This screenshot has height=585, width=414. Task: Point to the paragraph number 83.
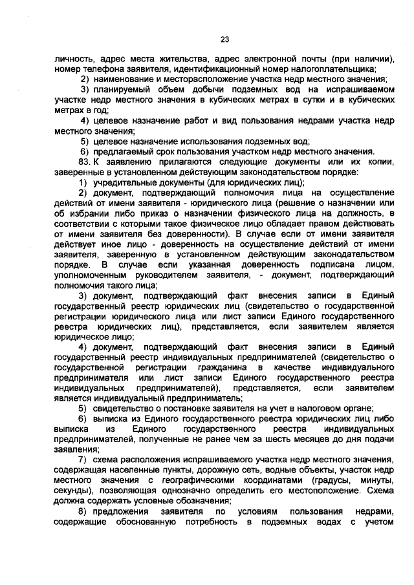82,160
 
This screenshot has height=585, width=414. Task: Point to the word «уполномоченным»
85,275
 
